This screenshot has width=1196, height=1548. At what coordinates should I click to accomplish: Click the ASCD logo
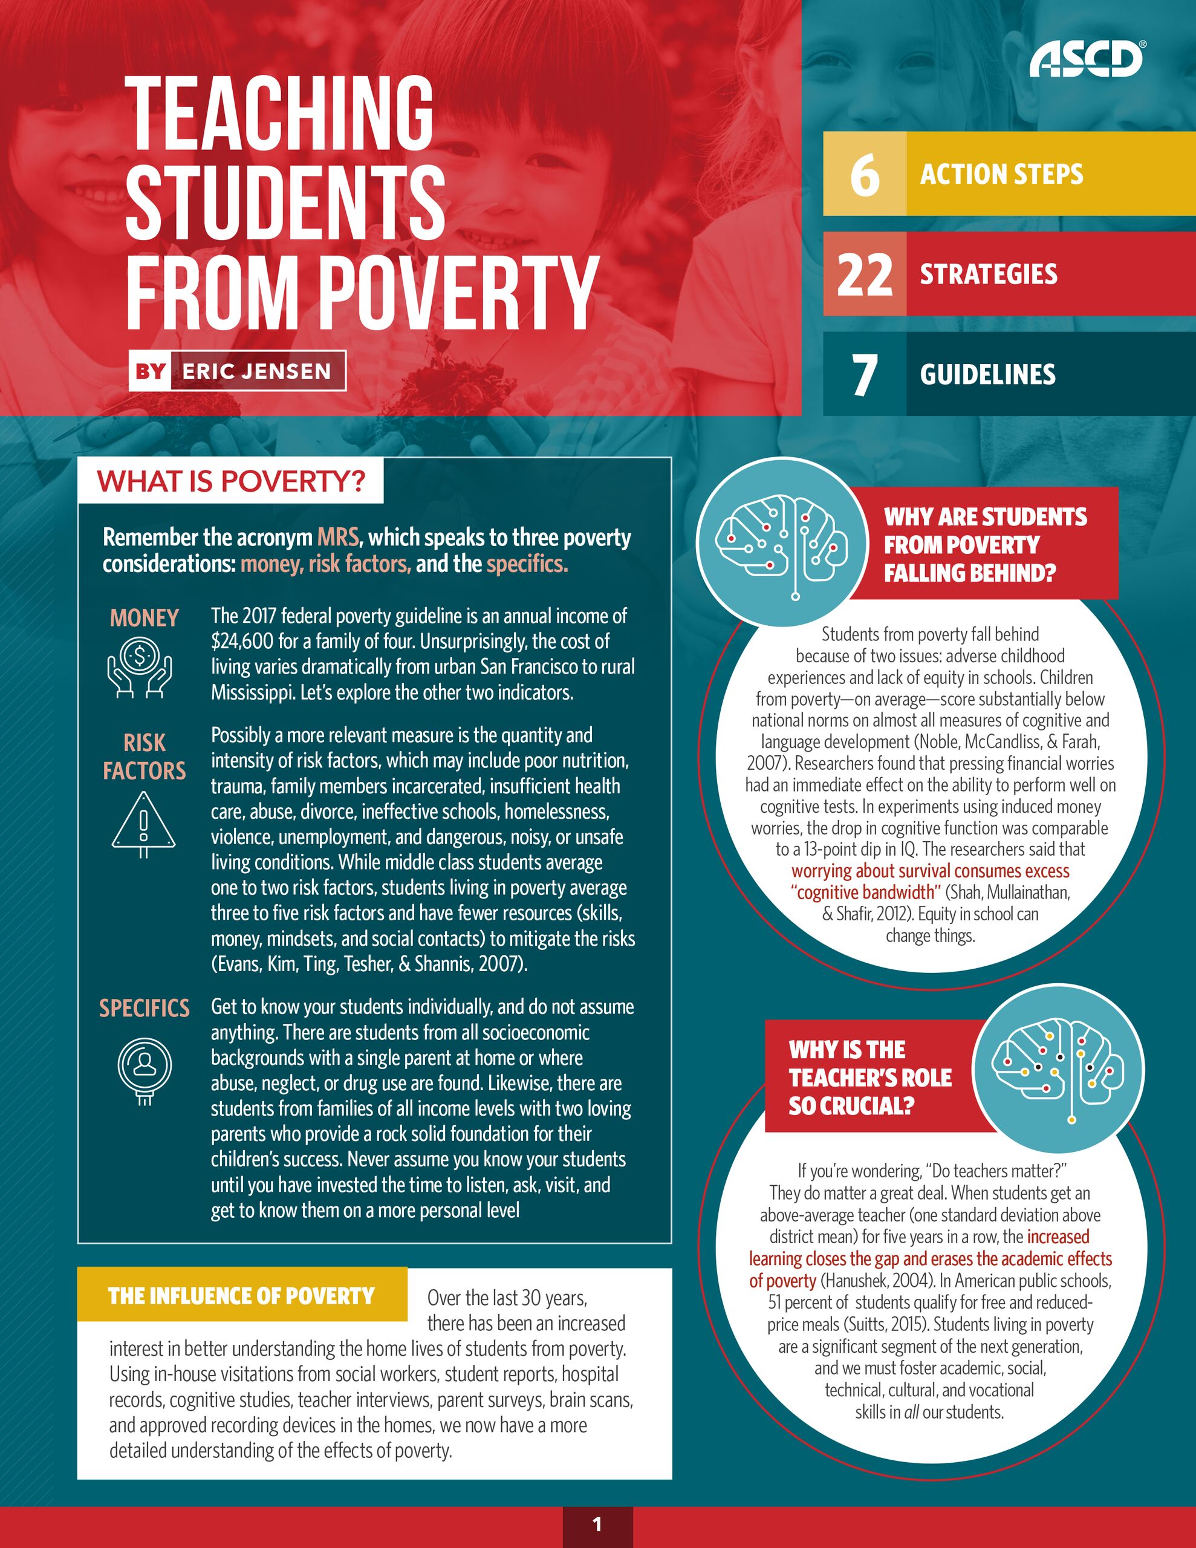[1086, 58]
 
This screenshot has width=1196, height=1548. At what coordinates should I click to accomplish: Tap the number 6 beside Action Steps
[864, 174]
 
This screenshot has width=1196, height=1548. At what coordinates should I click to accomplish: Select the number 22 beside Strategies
[864, 275]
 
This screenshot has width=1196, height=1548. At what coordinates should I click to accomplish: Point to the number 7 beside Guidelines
[864, 374]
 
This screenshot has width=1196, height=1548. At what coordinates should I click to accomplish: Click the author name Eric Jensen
[256, 371]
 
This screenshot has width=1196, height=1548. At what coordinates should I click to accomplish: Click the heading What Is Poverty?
[231, 481]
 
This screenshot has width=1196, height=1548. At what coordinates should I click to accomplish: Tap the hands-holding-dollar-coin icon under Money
[140, 666]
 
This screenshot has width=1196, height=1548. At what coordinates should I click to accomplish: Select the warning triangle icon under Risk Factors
[143, 823]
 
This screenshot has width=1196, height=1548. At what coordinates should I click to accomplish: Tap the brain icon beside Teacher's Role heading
[1057, 1070]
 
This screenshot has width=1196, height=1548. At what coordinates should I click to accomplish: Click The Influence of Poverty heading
[241, 1296]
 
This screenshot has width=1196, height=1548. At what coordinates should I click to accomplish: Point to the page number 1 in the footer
[597, 1524]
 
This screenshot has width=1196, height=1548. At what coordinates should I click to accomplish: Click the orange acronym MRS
[337, 537]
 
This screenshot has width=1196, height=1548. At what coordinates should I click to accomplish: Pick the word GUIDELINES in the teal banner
[987, 374]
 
